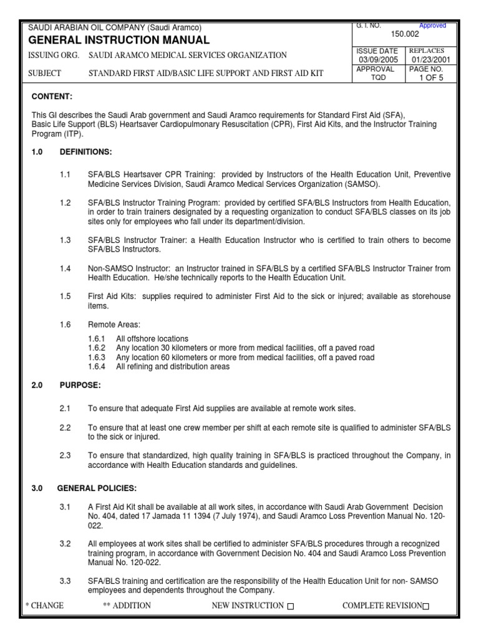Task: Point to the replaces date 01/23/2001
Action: pyautogui.click(x=430, y=60)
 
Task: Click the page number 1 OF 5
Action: pyautogui.click(x=430, y=79)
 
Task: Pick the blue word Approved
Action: pyautogui.click(x=432, y=26)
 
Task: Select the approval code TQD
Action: pyautogui.click(x=378, y=79)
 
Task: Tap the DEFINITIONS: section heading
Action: pyautogui.click(x=85, y=152)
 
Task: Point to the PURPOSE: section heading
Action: pyautogui.click(x=80, y=386)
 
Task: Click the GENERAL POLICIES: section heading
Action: pyautogui.click(x=97, y=488)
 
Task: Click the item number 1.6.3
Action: pyautogui.click(x=97, y=358)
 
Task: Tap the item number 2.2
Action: pyautogui.click(x=65, y=428)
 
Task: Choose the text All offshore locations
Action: pyautogui.click(x=153, y=338)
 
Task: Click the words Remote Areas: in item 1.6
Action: pyautogui.click(x=114, y=325)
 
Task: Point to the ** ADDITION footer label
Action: pyautogui.click(x=127, y=606)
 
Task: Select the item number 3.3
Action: pyautogui.click(x=65, y=581)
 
